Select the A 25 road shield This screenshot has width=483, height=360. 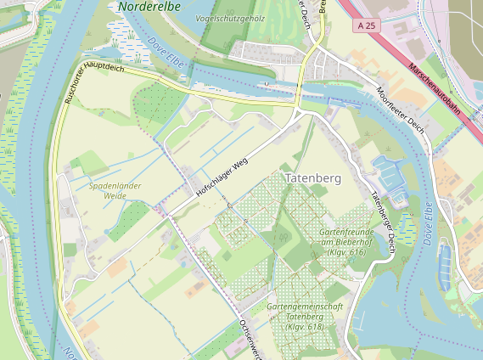point(366,26)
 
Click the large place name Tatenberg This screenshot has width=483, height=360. point(312,179)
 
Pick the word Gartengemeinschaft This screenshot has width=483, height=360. point(305,306)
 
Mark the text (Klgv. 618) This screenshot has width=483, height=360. point(305,326)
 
